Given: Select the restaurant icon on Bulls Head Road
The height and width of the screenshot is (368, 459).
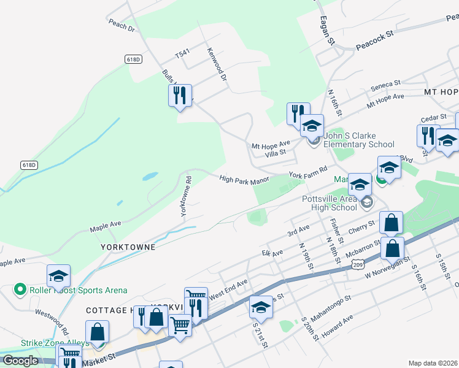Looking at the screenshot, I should (180, 96).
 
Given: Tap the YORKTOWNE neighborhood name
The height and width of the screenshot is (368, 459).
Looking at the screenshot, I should (129, 246).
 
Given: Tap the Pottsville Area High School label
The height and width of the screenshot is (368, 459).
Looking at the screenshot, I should (330, 203).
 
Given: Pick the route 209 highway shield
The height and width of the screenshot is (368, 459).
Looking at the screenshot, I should (358, 263).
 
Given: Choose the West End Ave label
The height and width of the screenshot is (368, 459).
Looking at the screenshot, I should (228, 288).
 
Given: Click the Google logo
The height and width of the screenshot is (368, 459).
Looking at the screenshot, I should (20, 361).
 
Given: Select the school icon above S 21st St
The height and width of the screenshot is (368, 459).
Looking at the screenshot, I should (261, 308).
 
